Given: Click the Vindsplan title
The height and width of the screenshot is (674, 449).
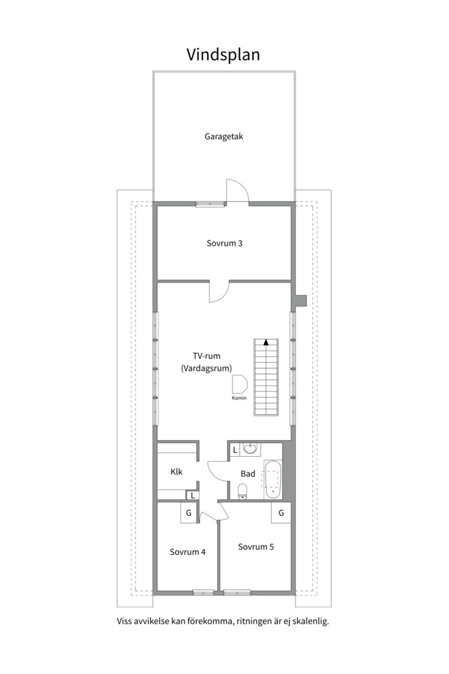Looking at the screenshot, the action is [223, 56].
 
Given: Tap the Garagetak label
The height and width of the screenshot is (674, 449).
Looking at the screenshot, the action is [224, 137].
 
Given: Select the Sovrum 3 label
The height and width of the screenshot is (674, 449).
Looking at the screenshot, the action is [224, 243].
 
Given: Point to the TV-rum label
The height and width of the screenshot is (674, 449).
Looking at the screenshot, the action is [206, 356].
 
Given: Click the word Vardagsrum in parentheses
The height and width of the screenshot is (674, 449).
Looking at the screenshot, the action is [206, 368].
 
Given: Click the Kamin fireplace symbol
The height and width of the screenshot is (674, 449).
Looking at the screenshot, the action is [239, 384].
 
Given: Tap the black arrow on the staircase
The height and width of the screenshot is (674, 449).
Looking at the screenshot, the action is [266, 343].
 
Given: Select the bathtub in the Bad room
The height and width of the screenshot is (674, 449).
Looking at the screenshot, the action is [273, 480].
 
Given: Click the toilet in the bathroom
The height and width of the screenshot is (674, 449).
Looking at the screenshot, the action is [243, 491].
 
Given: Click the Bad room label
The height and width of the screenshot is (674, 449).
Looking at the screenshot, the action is [248, 474].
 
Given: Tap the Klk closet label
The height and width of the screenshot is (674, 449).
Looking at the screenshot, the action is [176, 472].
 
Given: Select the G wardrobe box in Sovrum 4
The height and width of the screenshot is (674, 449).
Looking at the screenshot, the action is [188, 513].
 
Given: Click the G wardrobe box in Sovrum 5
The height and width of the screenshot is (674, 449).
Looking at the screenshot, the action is [281, 513].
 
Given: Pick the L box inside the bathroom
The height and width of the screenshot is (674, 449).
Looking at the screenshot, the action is [234, 450].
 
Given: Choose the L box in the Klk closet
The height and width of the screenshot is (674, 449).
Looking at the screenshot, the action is [193, 495].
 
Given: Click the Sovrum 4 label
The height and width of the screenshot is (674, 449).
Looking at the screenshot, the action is [188, 552].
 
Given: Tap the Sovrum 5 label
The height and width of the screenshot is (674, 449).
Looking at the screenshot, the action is [256, 547].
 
